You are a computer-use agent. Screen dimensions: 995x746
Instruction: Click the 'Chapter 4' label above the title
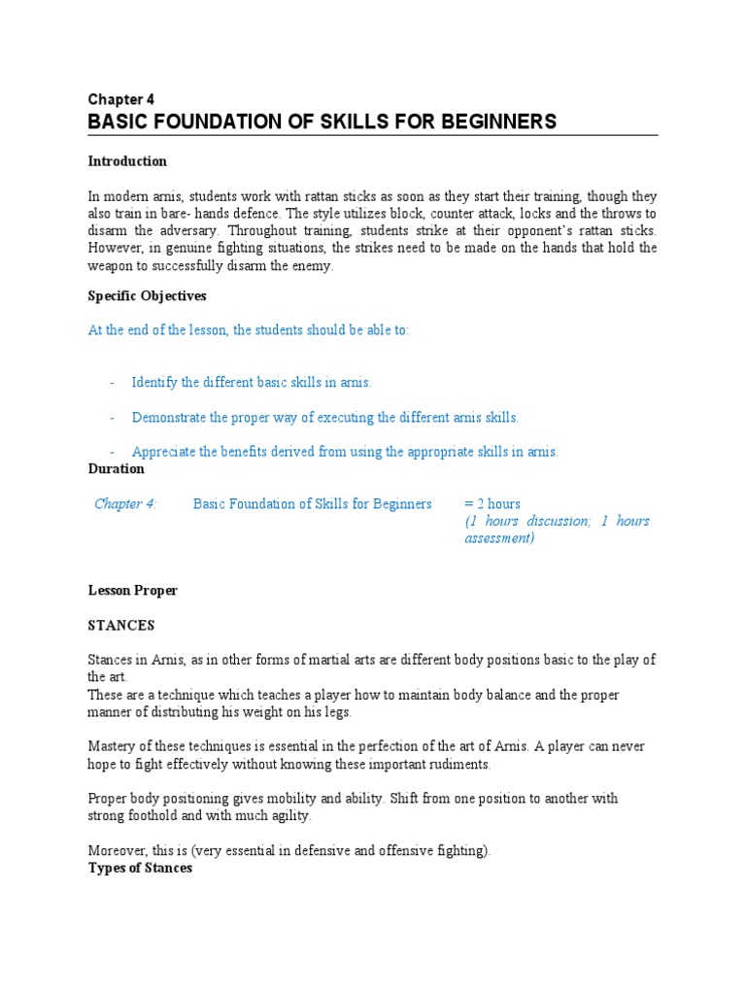coord(120,99)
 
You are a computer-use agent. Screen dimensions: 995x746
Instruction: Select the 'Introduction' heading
coord(127,161)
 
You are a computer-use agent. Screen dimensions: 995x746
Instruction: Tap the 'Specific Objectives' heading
coord(147,295)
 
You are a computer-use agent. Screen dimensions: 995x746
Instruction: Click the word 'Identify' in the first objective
coord(153,383)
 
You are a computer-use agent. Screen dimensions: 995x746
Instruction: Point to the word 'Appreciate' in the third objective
coord(164,452)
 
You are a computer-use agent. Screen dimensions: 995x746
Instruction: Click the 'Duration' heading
coord(116,469)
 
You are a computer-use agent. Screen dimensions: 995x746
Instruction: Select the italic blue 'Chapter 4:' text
coord(125,504)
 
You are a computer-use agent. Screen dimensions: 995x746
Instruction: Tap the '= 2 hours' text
coord(492,504)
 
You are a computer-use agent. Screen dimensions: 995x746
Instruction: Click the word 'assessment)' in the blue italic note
coord(499,538)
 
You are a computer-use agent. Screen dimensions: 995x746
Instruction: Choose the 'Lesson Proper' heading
coord(132,591)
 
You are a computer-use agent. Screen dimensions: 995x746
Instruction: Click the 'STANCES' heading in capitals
coord(120,626)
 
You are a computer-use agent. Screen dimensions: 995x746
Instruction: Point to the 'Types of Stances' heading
coord(140,868)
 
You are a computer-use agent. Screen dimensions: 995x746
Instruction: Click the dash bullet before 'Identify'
coord(112,383)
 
